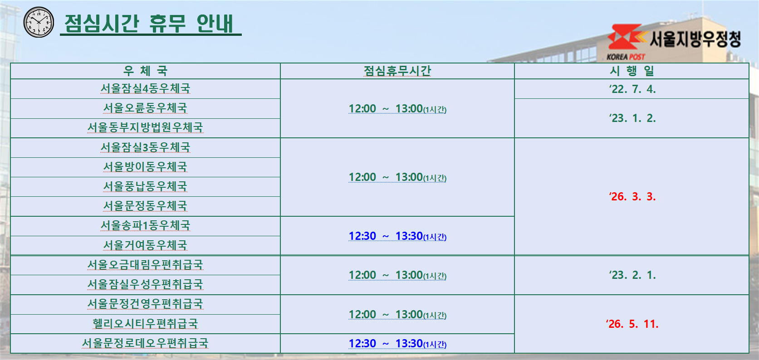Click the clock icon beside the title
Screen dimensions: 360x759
[x=39, y=22]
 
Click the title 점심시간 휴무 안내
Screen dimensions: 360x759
[x=150, y=24]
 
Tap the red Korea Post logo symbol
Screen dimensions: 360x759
[x=625, y=38]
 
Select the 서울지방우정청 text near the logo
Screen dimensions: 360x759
[x=695, y=39]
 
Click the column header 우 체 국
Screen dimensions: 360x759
[x=145, y=71]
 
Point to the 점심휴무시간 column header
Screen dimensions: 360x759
[x=397, y=71]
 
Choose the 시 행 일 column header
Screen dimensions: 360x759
[x=632, y=71]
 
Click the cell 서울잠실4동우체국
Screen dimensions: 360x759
[x=145, y=89]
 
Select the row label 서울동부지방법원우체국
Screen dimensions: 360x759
[x=145, y=128]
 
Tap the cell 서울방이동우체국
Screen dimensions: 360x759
[x=145, y=167]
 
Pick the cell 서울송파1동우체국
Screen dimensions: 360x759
[x=145, y=226]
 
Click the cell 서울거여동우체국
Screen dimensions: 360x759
[x=145, y=246]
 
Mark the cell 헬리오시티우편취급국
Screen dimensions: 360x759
[x=145, y=324]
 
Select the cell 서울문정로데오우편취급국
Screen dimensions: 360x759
[x=145, y=344]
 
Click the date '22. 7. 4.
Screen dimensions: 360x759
[x=632, y=89]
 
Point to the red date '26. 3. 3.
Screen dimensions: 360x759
[x=632, y=197]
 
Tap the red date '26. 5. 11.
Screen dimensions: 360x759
[x=632, y=324]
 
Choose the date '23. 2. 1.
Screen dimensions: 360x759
[x=632, y=275]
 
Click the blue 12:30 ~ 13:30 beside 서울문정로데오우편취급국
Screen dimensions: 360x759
[x=397, y=344]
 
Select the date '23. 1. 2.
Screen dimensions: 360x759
[x=632, y=118]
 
